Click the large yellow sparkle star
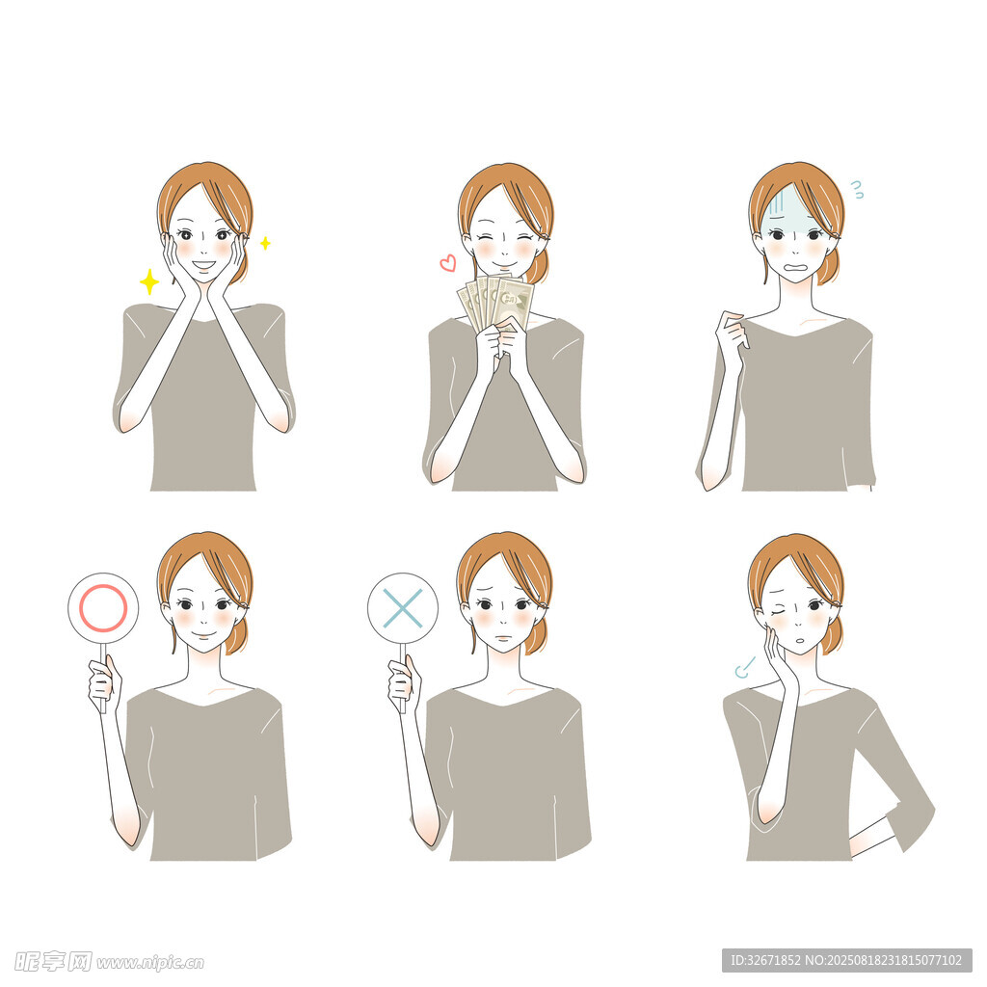pos(149,282)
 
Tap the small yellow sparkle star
pos(266,243)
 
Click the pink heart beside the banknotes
pos(447,262)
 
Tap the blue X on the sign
pos(403,609)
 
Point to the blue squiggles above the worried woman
pos(857,190)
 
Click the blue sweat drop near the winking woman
pos(744,668)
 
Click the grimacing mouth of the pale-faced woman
pos(795,266)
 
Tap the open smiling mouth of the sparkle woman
pos(204,266)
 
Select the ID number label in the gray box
pos(846,961)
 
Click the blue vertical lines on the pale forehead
pos(777,202)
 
